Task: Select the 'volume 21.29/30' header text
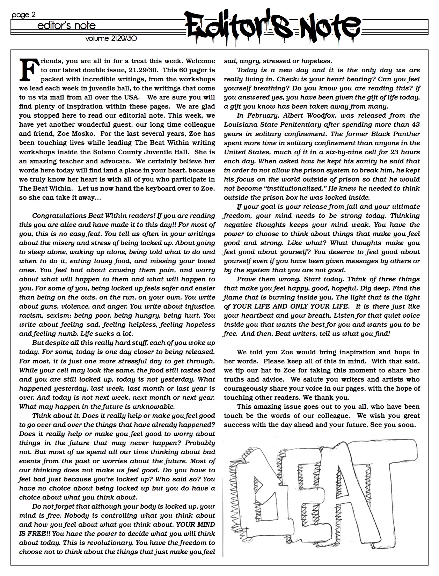point(111,38)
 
